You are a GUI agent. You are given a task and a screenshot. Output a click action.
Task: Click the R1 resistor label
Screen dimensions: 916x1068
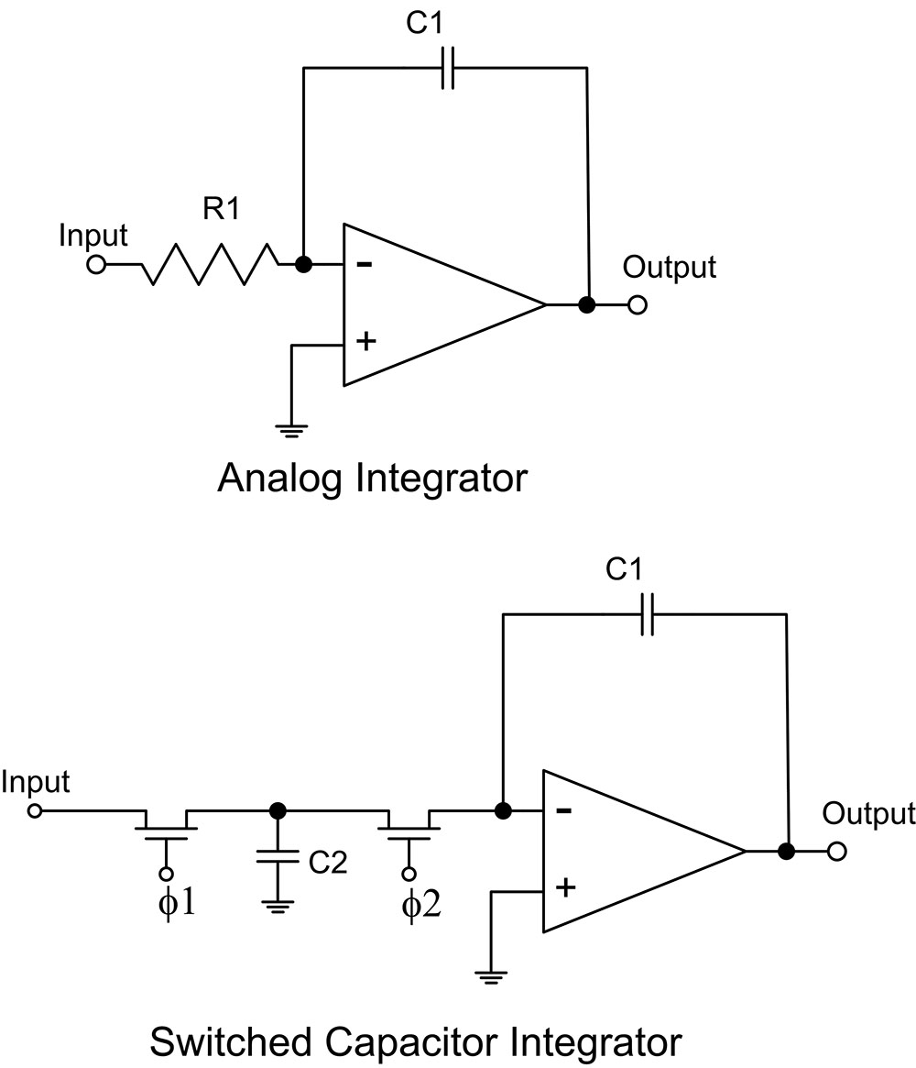tap(222, 208)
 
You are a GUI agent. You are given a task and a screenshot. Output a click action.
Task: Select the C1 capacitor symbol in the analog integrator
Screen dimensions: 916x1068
tap(447, 68)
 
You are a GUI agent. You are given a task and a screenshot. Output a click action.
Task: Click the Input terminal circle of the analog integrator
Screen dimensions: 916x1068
tap(96, 264)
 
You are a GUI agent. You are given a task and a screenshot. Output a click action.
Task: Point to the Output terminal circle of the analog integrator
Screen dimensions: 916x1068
tap(637, 305)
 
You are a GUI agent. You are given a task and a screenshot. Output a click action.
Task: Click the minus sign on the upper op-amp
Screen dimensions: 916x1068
tap(365, 264)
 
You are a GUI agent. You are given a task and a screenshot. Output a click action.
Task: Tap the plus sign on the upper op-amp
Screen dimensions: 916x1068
tap(366, 340)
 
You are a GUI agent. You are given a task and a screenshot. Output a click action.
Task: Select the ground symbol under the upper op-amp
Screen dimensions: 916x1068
tap(291, 430)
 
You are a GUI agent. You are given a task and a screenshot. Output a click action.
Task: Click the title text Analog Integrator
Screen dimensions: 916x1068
tap(372, 479)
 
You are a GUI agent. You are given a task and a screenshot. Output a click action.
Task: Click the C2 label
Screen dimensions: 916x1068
tap(328, 863)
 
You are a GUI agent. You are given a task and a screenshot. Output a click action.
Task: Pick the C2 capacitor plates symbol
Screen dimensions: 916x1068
tap(277, 856)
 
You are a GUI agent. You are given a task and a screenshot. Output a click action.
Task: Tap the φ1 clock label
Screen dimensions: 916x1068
tap(176, 902)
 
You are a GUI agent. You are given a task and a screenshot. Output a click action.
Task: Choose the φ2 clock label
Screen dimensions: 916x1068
tap(421, 905)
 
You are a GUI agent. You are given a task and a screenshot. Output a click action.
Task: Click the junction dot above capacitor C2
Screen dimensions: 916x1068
tap(277, 810)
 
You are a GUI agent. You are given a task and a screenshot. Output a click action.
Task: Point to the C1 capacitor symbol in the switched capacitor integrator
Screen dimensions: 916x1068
tap(648, 614)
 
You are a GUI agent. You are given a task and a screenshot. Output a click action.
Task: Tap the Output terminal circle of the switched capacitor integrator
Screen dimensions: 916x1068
tap(837, 852)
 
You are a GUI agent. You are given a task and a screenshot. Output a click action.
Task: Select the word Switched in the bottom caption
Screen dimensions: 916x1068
tap(231, 1042)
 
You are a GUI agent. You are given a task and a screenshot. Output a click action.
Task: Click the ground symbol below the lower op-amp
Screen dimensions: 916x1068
tap(490, 977)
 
